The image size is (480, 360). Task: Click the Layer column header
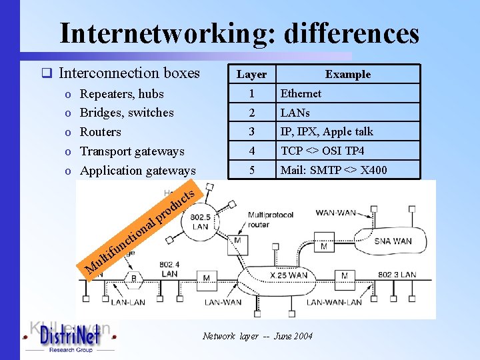pyautogui.click(x=251, y=74)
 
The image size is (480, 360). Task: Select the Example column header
pyautogui.click(x=347, y=74)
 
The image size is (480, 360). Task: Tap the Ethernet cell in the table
pyautogui.click(x=301, y=93)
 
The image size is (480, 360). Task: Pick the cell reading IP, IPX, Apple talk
pyautogui.click(x=327, y=131)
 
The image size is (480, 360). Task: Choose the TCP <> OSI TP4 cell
pyautogui.click(x=322, y=151)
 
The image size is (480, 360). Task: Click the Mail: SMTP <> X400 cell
pyautogui.click(x=333, y=170)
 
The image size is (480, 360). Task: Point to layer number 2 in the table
pyautogui.click(x=251, y=113)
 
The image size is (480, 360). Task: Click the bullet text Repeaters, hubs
pyautogui.click(x=121, y=93)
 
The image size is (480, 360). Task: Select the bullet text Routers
pyautogui.click(x=100, y=132)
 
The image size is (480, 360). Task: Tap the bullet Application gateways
pyautogui.click(x=137, y=171)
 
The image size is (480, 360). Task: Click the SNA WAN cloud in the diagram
pyautogui.click(x=393, y=241)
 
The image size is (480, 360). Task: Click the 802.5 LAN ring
pyautogui.click(x=200, y=221)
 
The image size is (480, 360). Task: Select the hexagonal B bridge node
pyautogui.click(x=133, y=278)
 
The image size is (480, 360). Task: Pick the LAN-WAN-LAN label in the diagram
pyautogui.click(x=334, y=302)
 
